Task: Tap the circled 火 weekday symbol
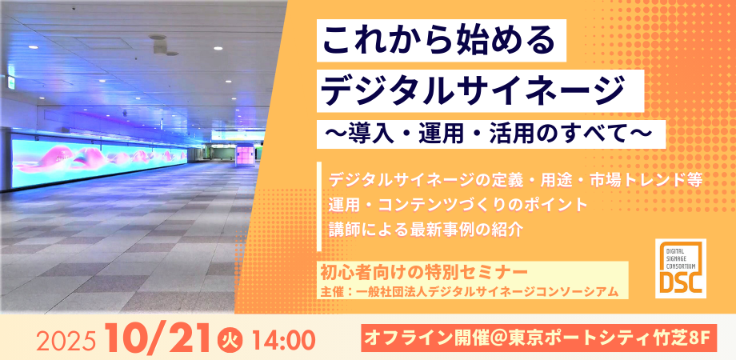click(228, 338)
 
